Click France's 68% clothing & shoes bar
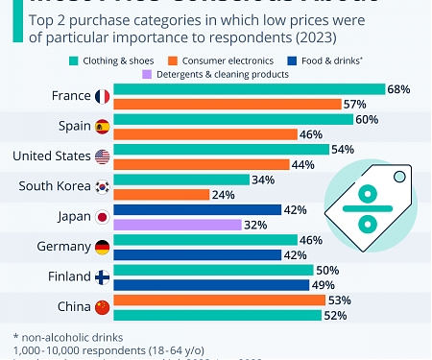[250, 89]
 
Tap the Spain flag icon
[103, 127]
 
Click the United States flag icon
[103, 156]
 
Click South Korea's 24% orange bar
[161, 195]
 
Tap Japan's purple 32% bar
[178, 225]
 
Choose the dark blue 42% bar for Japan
[197, 210]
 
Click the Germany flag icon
[103, 247]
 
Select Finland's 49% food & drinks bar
[211, 285]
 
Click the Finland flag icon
[103, 277]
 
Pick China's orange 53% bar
[219, 300]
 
